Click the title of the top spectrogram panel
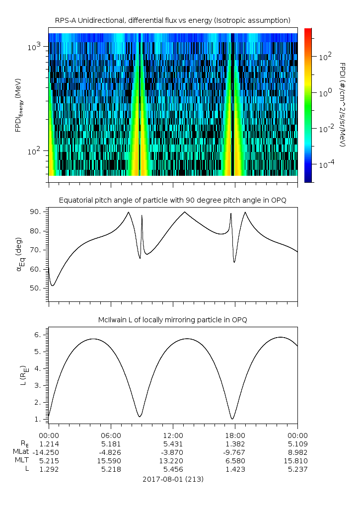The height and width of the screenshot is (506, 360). [172, 20]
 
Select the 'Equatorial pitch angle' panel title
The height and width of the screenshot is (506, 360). [172, 200]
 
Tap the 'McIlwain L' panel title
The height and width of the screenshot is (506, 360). [172, 319]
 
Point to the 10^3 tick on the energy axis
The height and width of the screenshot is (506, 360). [37, 47]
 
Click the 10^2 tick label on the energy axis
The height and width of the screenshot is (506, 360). [37, 151]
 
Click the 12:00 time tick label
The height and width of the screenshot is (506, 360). [173, 434]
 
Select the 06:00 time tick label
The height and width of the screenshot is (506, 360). [111, 434]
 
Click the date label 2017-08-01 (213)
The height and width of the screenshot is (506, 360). [173, 479]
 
